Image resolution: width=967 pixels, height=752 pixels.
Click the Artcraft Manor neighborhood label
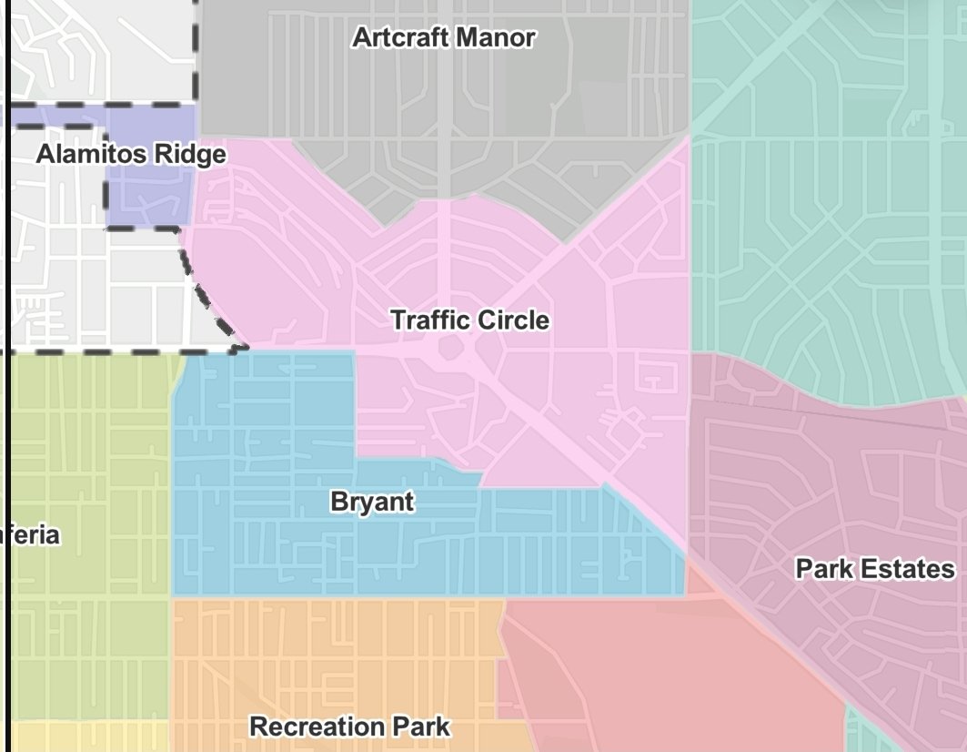pos(443,38)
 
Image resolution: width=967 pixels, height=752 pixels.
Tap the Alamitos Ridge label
pos(131,155)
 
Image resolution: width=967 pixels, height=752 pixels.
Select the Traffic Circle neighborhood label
pos(469,320)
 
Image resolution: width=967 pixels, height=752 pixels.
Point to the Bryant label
pos(372,502)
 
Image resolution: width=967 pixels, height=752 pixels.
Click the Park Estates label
pos(875,569)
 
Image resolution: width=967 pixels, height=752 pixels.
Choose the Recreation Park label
pos(349,727)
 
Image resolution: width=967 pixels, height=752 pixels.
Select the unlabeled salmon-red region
pos(673,674)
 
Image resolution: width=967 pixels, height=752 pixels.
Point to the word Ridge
pos(190,155)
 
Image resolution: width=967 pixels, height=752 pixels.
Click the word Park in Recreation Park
pos(421,727)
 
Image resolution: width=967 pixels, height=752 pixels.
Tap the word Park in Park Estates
pos(823,569)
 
